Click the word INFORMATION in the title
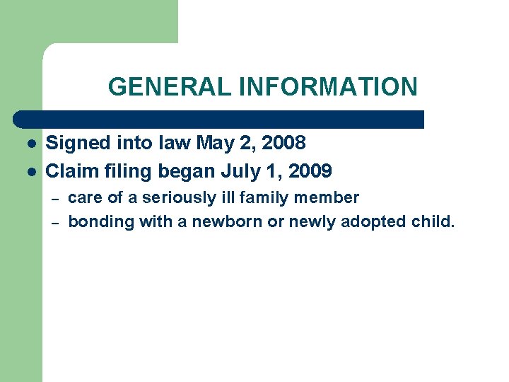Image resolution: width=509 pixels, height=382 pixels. [x=328, y=87]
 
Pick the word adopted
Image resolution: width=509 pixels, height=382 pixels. [x=373, y=223]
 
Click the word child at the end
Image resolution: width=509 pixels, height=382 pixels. [x=433, y=222]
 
